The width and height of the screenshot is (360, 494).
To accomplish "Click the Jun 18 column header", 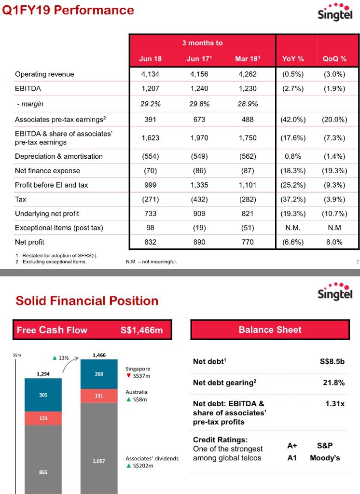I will coord(150,59).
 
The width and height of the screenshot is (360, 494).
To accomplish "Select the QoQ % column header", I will coord(334,59).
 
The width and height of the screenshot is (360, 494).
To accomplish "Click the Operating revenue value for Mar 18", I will coord(248,74).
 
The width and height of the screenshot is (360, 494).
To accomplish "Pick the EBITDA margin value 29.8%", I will coord(199,104).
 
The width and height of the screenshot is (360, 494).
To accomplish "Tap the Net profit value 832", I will coord(150,242).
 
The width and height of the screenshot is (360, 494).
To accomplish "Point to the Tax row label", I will coord(21,199).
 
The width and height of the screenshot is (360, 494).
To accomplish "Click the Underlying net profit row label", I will coord(47,214).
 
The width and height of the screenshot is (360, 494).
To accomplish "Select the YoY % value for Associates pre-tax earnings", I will coord(293,120).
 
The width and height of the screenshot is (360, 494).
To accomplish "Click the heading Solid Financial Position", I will coord(87,301).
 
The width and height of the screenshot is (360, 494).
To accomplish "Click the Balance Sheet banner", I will coord(270,330).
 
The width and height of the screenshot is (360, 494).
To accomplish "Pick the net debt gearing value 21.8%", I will coord(333,383).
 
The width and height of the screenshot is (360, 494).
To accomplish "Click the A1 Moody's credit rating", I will coord(314,457).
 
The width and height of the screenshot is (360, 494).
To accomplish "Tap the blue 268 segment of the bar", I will coord(99,373).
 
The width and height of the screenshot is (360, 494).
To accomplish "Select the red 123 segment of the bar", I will coord(43,418).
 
